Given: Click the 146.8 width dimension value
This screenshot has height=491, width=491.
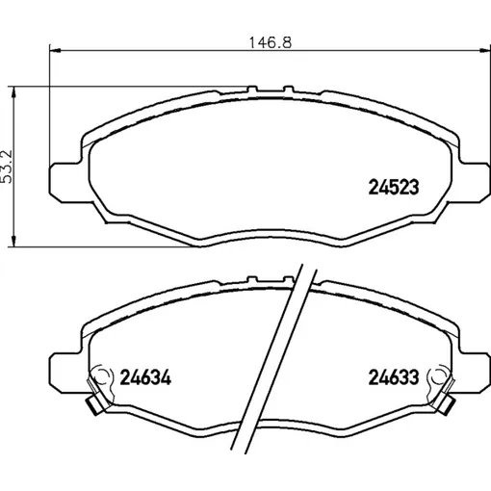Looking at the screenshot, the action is (271, 42).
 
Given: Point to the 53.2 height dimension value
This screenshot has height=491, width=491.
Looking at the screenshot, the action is (6, 167).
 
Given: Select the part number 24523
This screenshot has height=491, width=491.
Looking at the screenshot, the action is (394, 188).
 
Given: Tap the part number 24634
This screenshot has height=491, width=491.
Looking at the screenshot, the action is (145, 377).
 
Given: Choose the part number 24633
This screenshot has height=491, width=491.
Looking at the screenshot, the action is (394, 377).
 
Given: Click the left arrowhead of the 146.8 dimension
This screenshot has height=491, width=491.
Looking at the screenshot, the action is (56, 50).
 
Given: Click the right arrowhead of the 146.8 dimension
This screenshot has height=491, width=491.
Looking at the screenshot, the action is (484, 50).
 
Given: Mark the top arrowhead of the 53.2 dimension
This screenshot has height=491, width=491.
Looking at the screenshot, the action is (13, 91).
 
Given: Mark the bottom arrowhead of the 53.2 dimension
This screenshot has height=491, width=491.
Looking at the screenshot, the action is (13, 242).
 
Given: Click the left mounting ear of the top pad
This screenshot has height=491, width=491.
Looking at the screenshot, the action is (65, 182).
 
